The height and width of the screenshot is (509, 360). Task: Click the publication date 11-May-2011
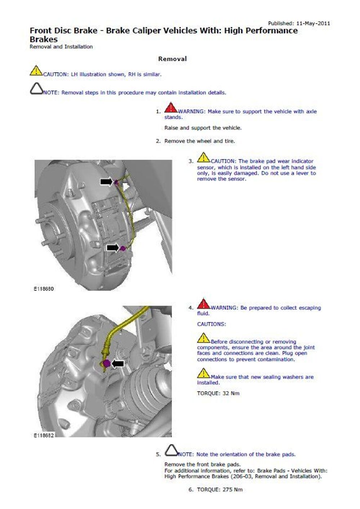click(x=313, y=23)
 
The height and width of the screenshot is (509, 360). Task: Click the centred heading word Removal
click(x=172, y=59)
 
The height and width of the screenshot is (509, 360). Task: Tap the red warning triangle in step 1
click(x=171, y=108)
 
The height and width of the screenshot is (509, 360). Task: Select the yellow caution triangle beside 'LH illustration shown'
click(x=36, y=71)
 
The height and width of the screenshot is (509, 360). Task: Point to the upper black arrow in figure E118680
click(x=106, y=182)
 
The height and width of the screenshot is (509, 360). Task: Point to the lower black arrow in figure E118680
click(x=113, y=248)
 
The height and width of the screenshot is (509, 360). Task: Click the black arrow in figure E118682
click(x=118, y=364)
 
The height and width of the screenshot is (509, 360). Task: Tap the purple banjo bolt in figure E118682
click(x=106, y=363)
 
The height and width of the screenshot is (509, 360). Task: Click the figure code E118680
click(x=44, y=289)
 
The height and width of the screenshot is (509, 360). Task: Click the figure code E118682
click(x=44, y=435)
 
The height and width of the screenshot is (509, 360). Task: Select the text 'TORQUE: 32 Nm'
click(x=218, y=393)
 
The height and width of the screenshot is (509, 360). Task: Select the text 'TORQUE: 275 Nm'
click(x=220, y=490)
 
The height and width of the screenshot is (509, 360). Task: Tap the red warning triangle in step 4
click(x=203, y=304)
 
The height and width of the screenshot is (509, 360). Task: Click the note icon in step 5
click(x=171, y=450)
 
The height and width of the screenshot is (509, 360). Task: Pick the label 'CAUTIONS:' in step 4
click(x=211, y=324)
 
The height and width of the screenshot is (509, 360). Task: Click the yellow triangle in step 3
click(x=203, y=158)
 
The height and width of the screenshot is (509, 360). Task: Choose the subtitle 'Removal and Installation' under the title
click(x=61, y=46)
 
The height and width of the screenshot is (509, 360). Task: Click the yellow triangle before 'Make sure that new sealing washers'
click(x=203, y=373)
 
